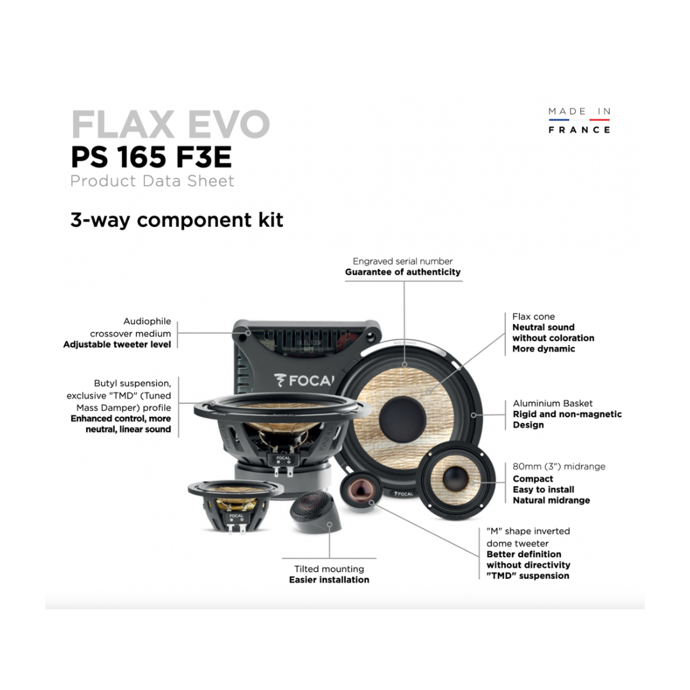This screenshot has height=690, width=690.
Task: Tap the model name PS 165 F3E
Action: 151,157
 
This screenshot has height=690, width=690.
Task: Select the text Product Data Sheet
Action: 152,181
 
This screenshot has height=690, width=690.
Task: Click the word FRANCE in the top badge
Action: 579,130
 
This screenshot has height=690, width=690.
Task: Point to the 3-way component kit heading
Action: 177,220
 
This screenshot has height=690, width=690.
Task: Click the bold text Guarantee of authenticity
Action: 402,272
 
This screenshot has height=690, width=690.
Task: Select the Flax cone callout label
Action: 533,316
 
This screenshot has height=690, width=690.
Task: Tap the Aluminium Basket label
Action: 553,403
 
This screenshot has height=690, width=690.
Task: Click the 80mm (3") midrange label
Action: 559,466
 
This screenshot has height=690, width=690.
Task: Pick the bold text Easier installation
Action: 329,579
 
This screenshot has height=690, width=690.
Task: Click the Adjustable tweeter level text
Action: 117,344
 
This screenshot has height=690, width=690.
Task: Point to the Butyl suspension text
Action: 132,383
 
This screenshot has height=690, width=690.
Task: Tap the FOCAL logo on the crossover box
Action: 304,380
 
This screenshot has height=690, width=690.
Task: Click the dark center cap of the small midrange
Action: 456,479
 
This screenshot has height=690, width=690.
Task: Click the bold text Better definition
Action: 524,554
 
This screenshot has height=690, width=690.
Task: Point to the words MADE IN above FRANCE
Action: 579,111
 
